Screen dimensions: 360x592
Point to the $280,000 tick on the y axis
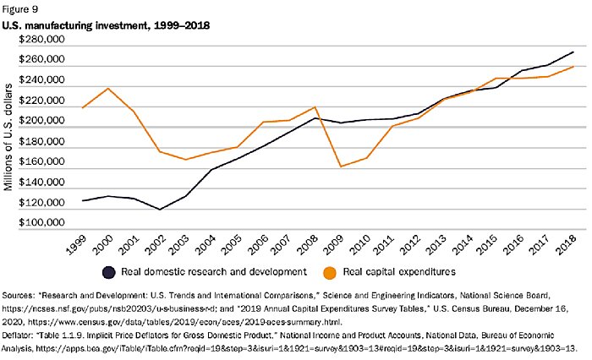pos(41,40)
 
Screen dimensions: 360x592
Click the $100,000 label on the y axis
pos(41,223)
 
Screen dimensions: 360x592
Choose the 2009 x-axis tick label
pos(338,245)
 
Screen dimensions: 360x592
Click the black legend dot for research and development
pos(109,272)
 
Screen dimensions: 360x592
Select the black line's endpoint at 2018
pos(573,52)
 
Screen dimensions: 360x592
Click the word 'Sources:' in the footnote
pos(25,297)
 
